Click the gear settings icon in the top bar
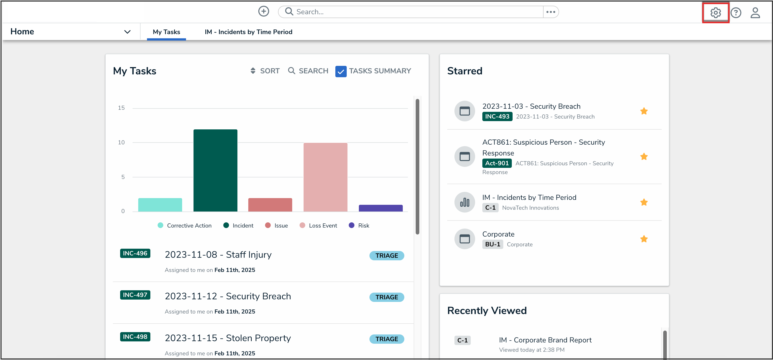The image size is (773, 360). [715, 13]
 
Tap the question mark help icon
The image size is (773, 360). [736, 13]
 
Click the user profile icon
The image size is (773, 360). [755, 13]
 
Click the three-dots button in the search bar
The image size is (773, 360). [551, 12]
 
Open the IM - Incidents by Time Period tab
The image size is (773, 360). [248, 32]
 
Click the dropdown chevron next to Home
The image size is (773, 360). [127, 32]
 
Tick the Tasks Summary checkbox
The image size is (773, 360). [341, 71]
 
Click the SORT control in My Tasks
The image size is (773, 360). [265, 71]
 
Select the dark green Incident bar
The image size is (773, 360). [215, 170]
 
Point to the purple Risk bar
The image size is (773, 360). [381, 208]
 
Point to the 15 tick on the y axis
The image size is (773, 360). [121, 108]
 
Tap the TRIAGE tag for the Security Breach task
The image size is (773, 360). [386, 297]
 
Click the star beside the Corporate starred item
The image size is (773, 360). [644, 239]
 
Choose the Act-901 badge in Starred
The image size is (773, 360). [497, 163]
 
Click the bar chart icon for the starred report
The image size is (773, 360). [465, 202]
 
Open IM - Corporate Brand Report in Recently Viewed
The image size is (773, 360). [545, 340]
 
